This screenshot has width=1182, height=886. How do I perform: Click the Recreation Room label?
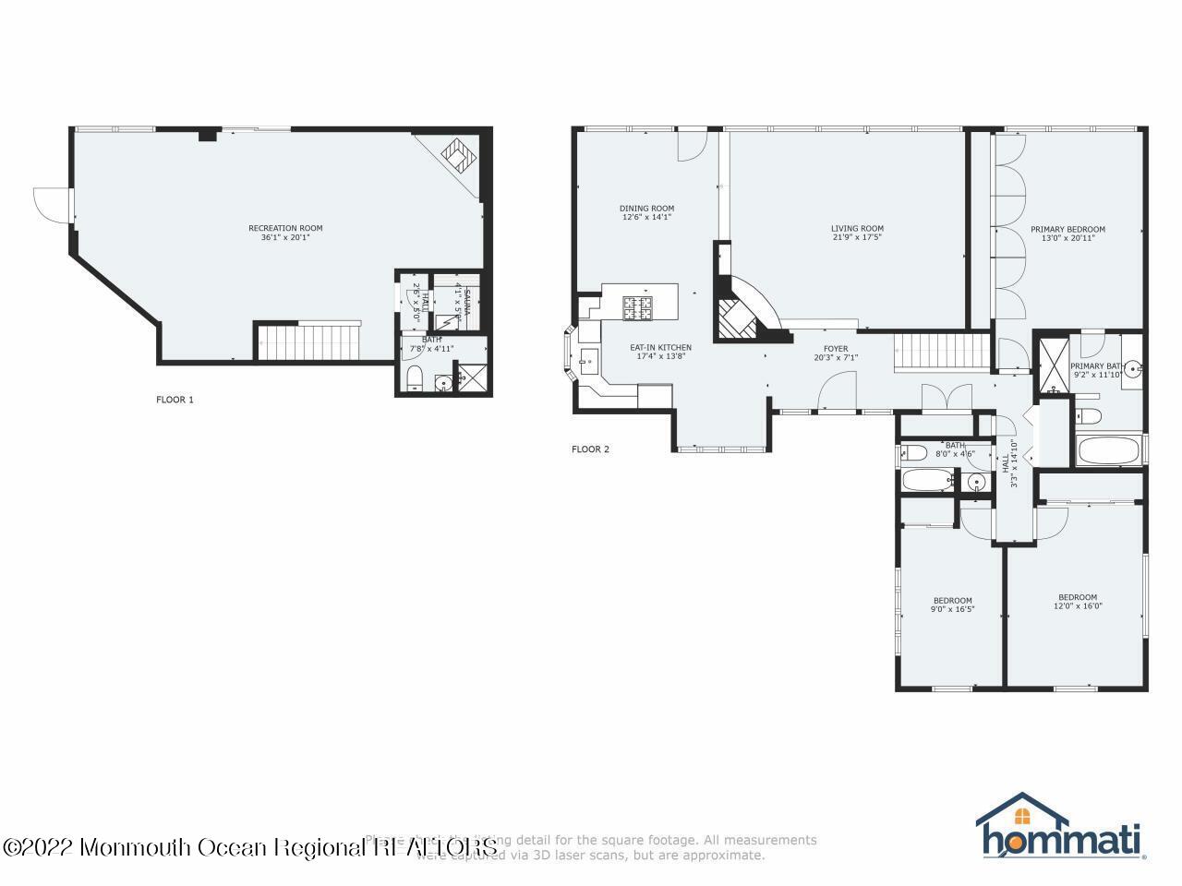[x=285, y=228]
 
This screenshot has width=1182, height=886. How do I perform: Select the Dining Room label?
[x=646, y=209]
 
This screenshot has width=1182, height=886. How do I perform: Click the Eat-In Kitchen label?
[x=660, y=347]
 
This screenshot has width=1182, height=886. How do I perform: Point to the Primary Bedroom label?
[x=1067, y=230]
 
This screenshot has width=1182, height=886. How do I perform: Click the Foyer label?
[x=823, y=348]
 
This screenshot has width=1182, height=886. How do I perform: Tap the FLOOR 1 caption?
[x=175, y=400]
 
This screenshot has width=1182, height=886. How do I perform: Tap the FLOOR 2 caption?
[x=590, y=449]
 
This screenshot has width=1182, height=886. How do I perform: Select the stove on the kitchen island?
[x=638, y=307]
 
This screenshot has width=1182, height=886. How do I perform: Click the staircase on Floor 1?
[x=308, y=341]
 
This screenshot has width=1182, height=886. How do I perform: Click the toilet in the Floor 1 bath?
[x=415, y=378]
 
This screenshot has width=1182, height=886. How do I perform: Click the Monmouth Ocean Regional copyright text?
[x=249, y=846]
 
